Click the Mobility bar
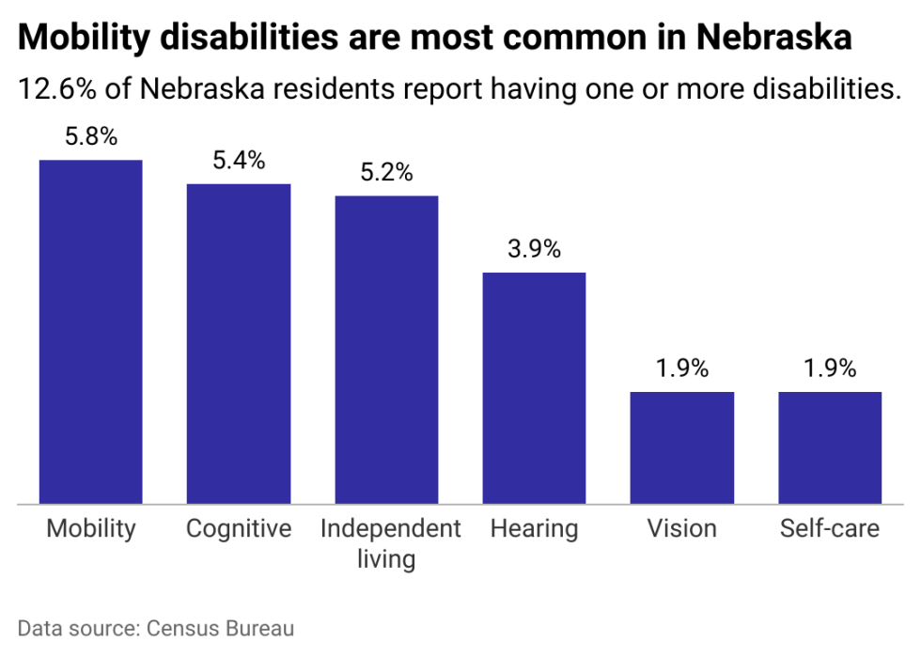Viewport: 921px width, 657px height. pos(90,332)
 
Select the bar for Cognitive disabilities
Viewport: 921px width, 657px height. pos(239,343)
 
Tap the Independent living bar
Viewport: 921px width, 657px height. pos(386,350)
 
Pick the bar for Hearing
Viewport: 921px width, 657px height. pos(534,388)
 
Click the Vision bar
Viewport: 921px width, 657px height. pos(681,447)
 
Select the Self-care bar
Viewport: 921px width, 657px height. pos(830,447)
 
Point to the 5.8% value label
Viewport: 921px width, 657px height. pos(91,137)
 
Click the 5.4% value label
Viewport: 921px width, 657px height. pos(239,161)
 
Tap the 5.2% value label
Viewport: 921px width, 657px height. pos(386,173)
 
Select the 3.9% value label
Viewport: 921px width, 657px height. pos(534,250)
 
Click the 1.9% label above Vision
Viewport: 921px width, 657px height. pos(681,368)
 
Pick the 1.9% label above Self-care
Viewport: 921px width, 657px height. pos(830,368)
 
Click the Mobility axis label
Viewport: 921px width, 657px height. pos(91,529)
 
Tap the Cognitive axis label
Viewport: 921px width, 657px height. pos(239,529)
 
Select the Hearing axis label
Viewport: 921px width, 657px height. pos(534,529)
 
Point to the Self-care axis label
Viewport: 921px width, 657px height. pos(830,529)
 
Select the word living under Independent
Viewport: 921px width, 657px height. pos(386,559)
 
